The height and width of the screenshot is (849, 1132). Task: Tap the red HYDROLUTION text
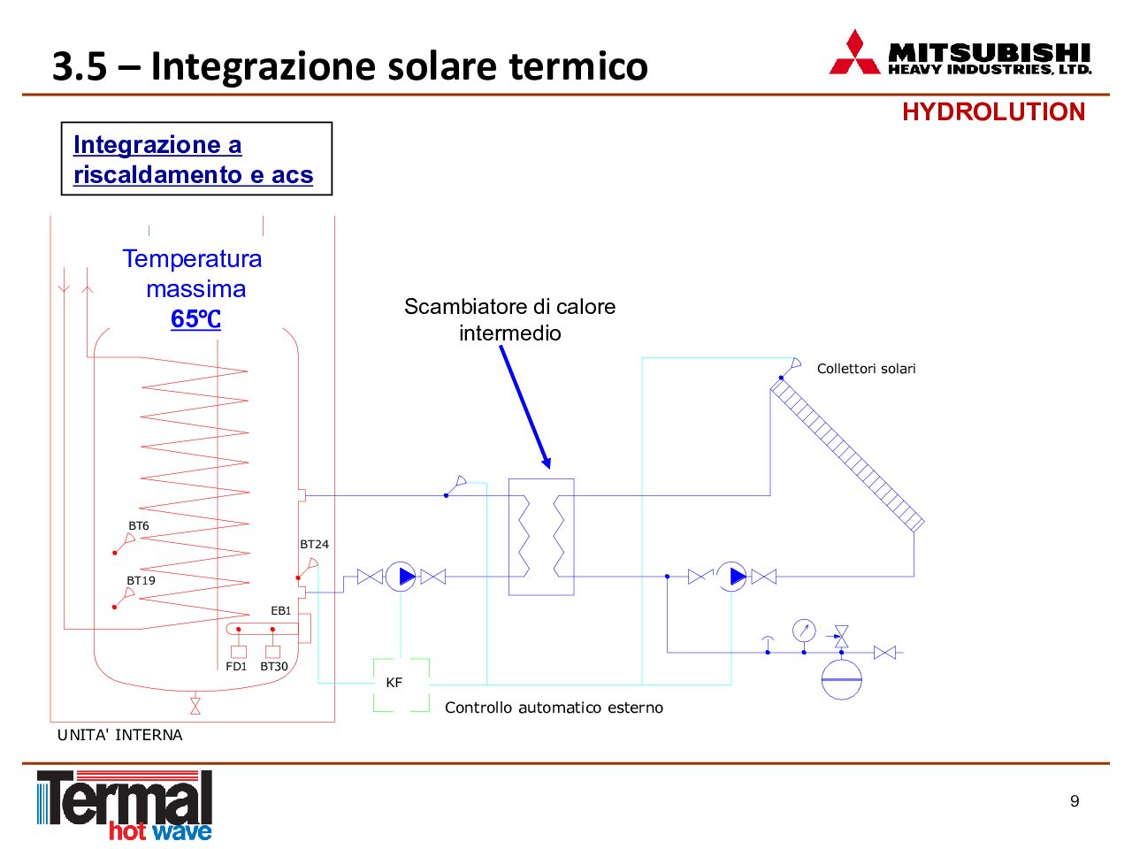pyautogui.click(x=993, y=111)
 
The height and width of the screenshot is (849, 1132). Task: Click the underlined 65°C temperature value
pyautogui.click(x=195, y=318)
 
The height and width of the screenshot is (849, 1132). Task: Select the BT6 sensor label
pyautogui.click(x=138, y=525)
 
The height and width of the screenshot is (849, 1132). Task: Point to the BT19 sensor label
pyautogui.click(x=141, y=580)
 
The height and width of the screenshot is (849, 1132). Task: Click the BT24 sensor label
pyautogui.click(x=314, y=544)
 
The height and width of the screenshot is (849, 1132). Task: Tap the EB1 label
pyautogui.click(x=281, y=610)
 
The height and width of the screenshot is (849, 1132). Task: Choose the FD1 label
pyautogui.click(x=236, y=666)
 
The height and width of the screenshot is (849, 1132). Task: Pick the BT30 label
pyautogui.click(x=274, y=666)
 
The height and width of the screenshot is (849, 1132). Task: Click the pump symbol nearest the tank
pyautogui.click(x=401, y=577)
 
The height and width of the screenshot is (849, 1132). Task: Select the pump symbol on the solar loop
pyautogui.click(x=731, y=577)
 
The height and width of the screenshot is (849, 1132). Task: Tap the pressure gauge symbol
pyautogui.click(x=804, y=631)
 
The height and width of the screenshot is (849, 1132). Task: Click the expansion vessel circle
pyautogui.click(x=842, y=679)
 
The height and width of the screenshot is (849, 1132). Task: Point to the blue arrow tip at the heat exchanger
pyautogui.click(x=548, y=468)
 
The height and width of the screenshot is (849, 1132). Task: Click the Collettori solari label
pyautogui.click(x=866, y=369)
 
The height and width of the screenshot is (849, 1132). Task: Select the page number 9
pyautogui.click(x=1075, y=800)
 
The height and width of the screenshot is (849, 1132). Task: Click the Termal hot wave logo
pyautogui.click(x=125, y=806)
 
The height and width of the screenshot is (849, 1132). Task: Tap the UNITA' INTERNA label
pyautogui.click(x=119, y=735)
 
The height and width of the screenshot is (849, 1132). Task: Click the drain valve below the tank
pyautogui.click(x=195, y=706)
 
